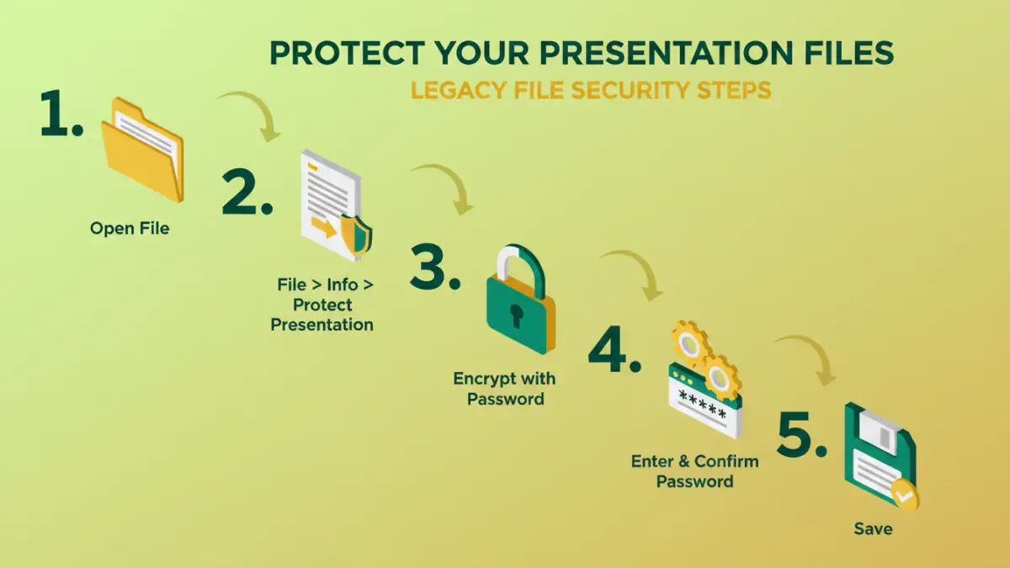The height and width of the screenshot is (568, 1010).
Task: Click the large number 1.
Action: pyautogui.click(x=61, y=115)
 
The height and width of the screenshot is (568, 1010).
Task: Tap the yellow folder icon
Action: pyautogui.click(x=141, y=150)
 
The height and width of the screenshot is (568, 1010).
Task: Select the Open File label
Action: pyautogui.click(x=130, y=228)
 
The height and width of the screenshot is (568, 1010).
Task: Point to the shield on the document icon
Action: pyautogui.click(x=355, y=234)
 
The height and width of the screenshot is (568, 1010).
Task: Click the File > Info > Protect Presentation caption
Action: pyautogui.click(x=322, y=305)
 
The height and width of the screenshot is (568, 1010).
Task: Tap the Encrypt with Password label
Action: pyautogui.click(x=505, y=389)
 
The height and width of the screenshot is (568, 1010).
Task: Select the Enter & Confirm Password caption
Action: pyautogui.click(x=694, y=471)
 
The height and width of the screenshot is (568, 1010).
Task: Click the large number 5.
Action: pyautogui.click(x=803, y=435)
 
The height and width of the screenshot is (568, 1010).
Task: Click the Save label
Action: pyautogui.click(x=873, y=529)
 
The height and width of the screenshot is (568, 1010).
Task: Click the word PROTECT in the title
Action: pyautogui.click(x=342, y=53)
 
